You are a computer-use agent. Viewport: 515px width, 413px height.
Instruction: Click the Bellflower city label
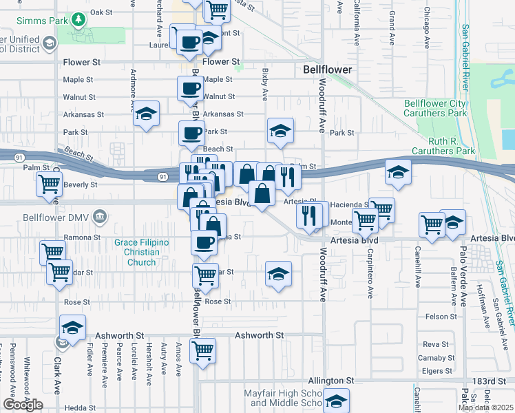pyautogui.click(x=328, y=70)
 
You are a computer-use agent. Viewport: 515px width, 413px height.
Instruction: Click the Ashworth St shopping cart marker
pyautogui.click(x=203, y=349)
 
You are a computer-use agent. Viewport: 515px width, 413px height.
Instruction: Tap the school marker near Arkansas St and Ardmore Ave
pyautogui.click(x=146, y=115)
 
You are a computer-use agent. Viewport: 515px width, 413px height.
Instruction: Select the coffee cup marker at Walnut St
pyautogui.click(x=190, y=89)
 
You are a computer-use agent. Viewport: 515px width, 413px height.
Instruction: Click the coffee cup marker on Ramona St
pyautogui.click(x=204, y=243)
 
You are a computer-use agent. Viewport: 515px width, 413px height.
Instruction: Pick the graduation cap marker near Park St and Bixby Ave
pyautogui.click(x=280, y=131)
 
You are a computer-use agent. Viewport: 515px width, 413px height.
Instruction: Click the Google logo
pyautogui.click(x=23, y=405)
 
